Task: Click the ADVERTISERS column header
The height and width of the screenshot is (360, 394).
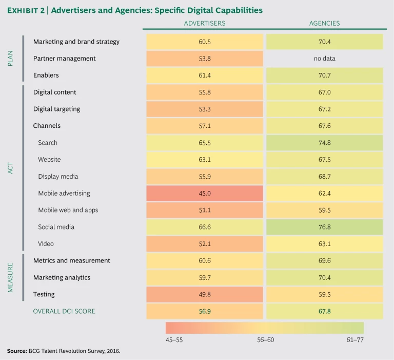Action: (204, 23)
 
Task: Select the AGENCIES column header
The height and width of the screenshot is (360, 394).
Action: (324, 23)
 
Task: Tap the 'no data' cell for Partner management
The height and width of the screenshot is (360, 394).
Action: (324, 59)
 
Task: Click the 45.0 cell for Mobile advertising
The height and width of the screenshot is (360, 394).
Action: (204, 193)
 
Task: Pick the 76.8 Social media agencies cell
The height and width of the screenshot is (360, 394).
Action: (324, 226)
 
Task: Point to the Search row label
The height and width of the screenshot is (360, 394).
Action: (48, 143)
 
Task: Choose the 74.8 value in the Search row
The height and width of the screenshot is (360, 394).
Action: (324, 143)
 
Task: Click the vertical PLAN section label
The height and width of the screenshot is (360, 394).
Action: (11, 59)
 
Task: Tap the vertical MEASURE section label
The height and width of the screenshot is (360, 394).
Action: (11, 278)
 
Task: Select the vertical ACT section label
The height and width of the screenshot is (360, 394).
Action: (11, 168)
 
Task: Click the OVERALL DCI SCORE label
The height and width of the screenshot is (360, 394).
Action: (64, 311)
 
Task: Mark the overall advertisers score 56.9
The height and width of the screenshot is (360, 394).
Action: (204, 311)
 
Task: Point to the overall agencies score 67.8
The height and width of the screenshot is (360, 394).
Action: (324, 311)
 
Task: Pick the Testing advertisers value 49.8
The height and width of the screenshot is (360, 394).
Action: (204, 294)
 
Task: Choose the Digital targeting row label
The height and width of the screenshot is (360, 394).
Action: (56, 109)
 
